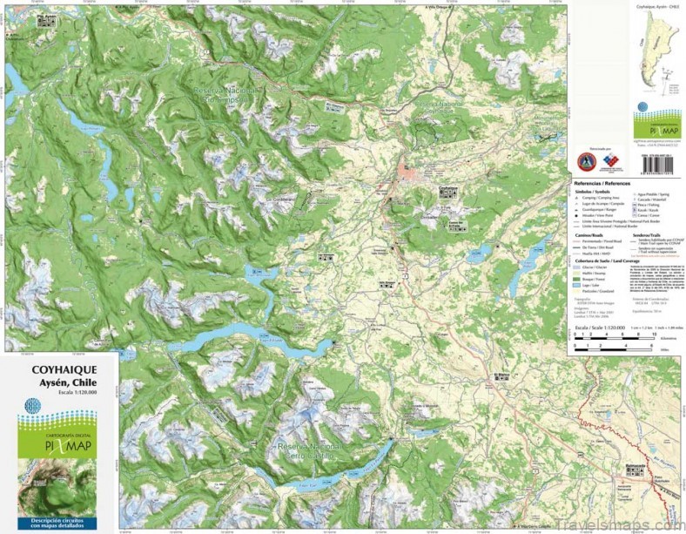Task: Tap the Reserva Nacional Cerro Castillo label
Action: (x=312, y=448)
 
